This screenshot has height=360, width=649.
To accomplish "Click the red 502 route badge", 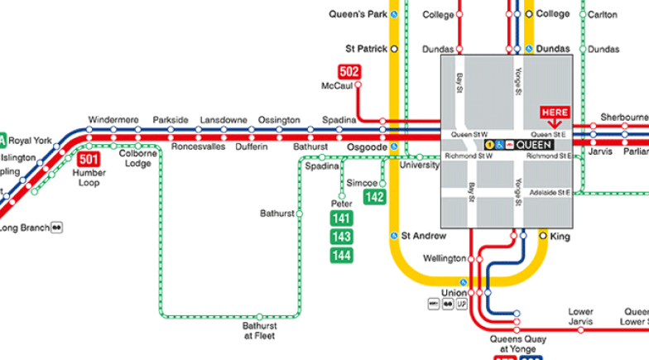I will [x=349, y=72].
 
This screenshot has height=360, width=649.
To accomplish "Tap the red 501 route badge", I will [x=89, y=159].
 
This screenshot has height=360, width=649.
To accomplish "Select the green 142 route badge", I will [x=375, y=197].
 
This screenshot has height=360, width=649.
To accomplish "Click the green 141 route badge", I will [x=341, y=218].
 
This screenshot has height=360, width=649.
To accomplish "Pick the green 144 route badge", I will [x=341, y=256].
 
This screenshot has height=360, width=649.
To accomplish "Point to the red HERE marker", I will [x=555, y=113].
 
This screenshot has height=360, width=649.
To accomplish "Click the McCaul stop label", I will [x=337, y=86].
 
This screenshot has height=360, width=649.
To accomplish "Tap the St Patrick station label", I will [x=367, y=49].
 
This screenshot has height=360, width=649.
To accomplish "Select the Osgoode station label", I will [x=368, y=146].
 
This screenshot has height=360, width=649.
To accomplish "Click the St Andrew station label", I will [x=424, y=236].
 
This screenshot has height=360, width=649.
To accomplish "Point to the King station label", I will [x=560, y=236].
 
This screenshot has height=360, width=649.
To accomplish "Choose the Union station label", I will [x=454, y=293].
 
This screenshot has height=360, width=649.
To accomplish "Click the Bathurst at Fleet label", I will [x=259, y=331].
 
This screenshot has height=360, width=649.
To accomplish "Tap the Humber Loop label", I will [x=89, y=178].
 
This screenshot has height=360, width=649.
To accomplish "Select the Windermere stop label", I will [x=113, y=120].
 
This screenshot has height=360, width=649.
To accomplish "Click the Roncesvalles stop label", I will [x=197, y=146].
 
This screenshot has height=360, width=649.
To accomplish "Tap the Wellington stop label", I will [x=445, y=258].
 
